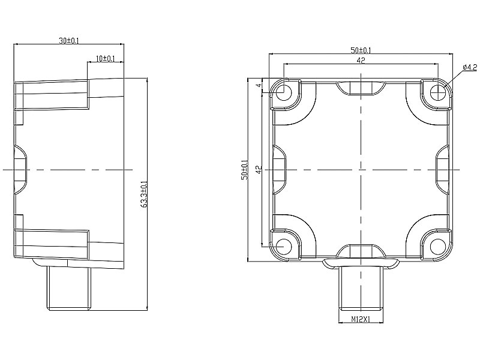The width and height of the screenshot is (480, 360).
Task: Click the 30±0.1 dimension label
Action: pyautogui.click(x=69, y=40)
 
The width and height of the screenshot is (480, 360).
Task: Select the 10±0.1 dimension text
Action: pyautogui.click(x=106, y=58)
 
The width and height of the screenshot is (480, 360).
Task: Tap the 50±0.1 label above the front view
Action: pyautogui.click(x=361, y=50)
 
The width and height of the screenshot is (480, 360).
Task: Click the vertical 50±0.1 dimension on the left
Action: pyautogui.click(x=245, y=170)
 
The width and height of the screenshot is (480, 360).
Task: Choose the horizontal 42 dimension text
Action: pyautogui.click(x=361, y=61)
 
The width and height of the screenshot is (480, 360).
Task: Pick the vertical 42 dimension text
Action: pyautogui.click(x=259, y=170)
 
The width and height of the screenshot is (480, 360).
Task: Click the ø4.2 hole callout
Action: pyautogui.click(x=470, y=67)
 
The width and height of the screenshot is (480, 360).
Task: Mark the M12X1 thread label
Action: pyautogui.click(x=361, y=320)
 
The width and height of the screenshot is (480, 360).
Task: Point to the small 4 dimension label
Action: pyautogui.click(x=260, y=85)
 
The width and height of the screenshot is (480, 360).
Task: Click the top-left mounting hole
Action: pyautogui.click(x=284, y=92)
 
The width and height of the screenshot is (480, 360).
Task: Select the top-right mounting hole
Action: pyautogui.click(x=438, y=92)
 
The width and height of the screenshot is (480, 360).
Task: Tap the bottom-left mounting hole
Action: pyautogui.click(x=284, y=247)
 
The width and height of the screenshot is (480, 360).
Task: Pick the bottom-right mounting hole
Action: pyautogui.click(x=438, y=247)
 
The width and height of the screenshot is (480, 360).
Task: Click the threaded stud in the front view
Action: pyautogui.click(x=361, y=287)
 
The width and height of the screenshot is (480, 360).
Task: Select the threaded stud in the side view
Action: pyautogui.click(x=70, y=288)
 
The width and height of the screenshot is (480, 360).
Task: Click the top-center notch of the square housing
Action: pyautogui.click(x=361, y=88)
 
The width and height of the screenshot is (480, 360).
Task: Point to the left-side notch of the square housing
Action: pyautogui.click(x=280, y=170)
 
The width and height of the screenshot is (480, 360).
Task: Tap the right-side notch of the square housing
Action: pyautogui.click(x=442, y=170)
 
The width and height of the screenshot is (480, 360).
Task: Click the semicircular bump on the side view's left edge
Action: pyautogui.click(x=20, y=170)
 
